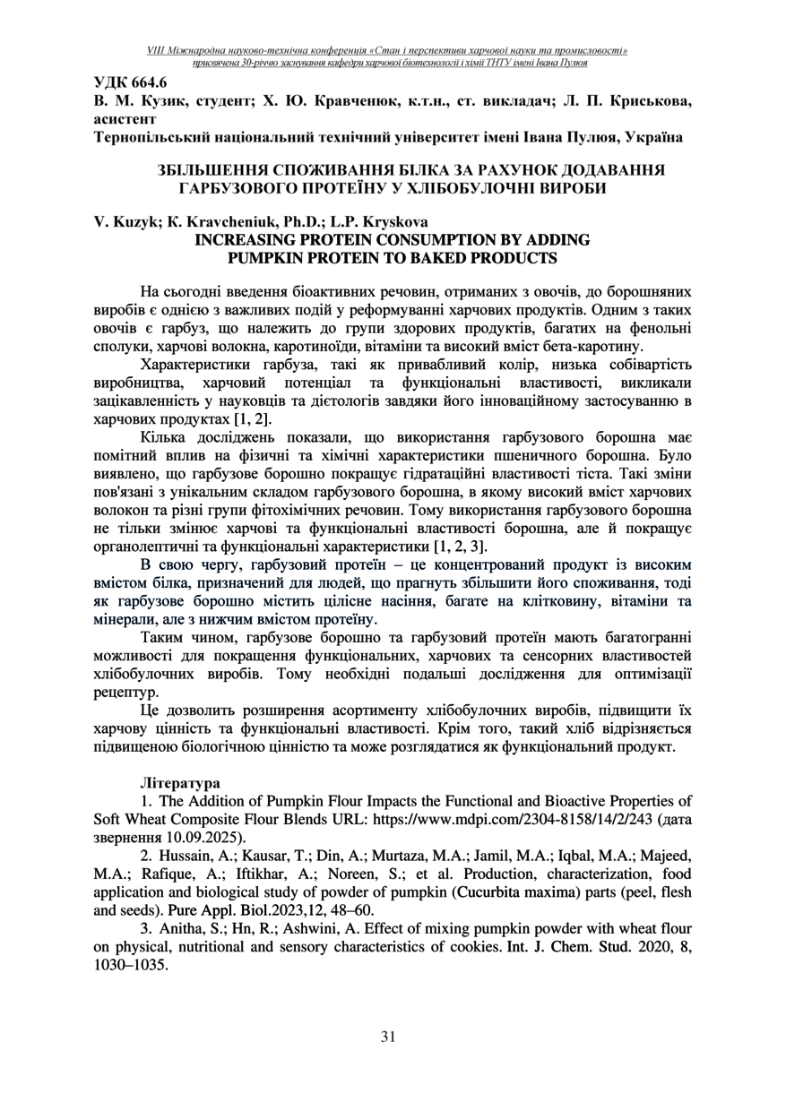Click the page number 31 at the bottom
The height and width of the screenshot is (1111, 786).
click(x=388, y=1037)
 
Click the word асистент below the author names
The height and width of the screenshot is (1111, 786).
click(x=125, y=118)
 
